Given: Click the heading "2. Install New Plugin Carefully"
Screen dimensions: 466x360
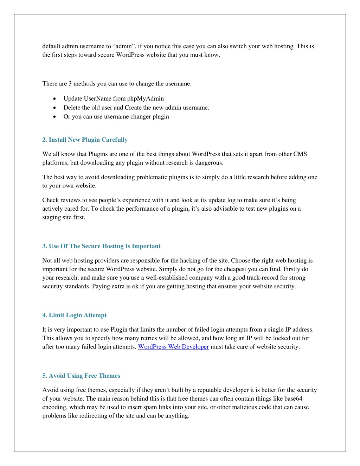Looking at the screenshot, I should (x=85, y=140).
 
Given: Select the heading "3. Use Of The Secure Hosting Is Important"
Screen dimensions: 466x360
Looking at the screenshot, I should (x=101, y=246).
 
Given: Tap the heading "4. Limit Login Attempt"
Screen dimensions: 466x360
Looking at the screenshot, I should (x=74, y=315).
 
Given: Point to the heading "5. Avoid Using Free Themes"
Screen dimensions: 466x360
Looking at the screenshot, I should (x=81, y=376).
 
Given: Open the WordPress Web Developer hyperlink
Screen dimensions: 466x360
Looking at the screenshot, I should (x=173, y=347).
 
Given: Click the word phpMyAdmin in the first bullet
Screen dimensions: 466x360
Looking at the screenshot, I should (x=146, y=98).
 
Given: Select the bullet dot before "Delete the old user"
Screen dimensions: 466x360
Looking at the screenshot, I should (x=54, y=108).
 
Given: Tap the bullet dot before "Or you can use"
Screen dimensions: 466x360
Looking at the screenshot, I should (x=54, y=116).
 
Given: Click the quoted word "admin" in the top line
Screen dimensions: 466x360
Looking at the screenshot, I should (x=123, y=46).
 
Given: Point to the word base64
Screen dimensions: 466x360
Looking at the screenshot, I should (x=293, y=398).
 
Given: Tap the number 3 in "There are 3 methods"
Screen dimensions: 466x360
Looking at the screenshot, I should (x=70, y=84).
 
